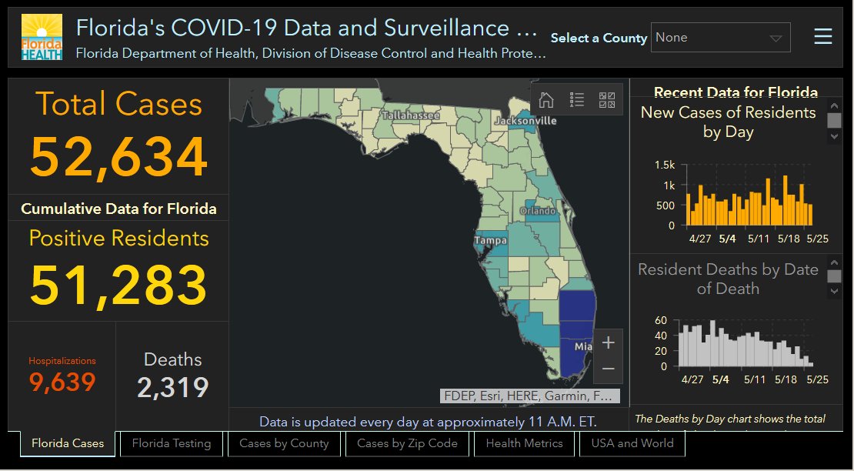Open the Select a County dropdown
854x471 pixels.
pos(720,38)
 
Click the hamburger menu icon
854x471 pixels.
pos(823,37)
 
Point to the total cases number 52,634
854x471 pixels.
pos(118,157)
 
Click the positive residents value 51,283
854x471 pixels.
pos(118,284)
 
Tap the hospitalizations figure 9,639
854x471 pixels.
pos(62,382)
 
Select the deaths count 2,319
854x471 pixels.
pos(172,387)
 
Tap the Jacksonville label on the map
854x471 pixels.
pos(525,121)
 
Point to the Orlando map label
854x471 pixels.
pos(537,211)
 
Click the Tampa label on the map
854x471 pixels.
pos(489,241)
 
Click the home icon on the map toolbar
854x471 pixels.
pos(546,99)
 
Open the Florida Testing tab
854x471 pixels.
pos(171,443)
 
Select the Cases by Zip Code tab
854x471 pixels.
pos(407,443)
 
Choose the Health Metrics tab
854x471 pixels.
pos(524,443)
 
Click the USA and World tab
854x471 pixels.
pos(632,443)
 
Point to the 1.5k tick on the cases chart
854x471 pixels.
pos(665,165)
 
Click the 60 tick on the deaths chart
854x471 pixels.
pos(661,320)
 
